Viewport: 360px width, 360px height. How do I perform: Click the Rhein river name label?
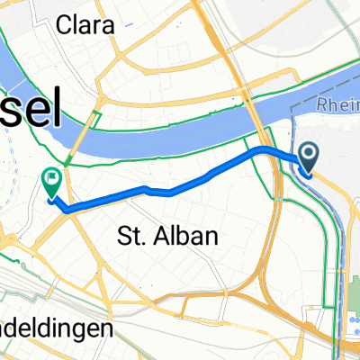pyautogui.click(x=337, y=106)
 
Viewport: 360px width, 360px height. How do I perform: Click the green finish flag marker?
pyautogui.click(x=50, y=184)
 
